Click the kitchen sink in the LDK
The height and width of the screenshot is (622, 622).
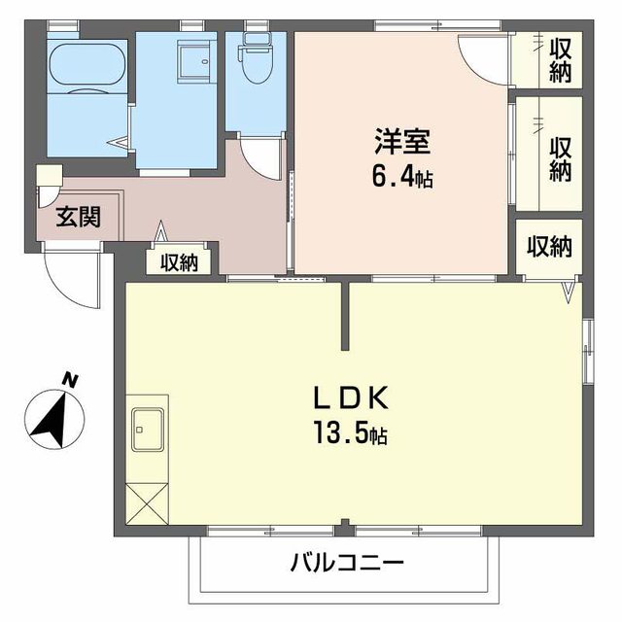coord(148,428)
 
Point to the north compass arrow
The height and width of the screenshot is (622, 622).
coord(53,413)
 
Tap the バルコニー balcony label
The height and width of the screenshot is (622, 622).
coord(346,563)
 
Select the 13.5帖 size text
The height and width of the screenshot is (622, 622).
coord(350,434)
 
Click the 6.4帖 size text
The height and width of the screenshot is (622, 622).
coord(400,179)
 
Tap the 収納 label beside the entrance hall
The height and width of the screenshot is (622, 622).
coord(180,261)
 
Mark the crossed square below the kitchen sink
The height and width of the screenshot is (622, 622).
coord(148,501)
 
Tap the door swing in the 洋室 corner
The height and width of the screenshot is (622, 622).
coord(483,60)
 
